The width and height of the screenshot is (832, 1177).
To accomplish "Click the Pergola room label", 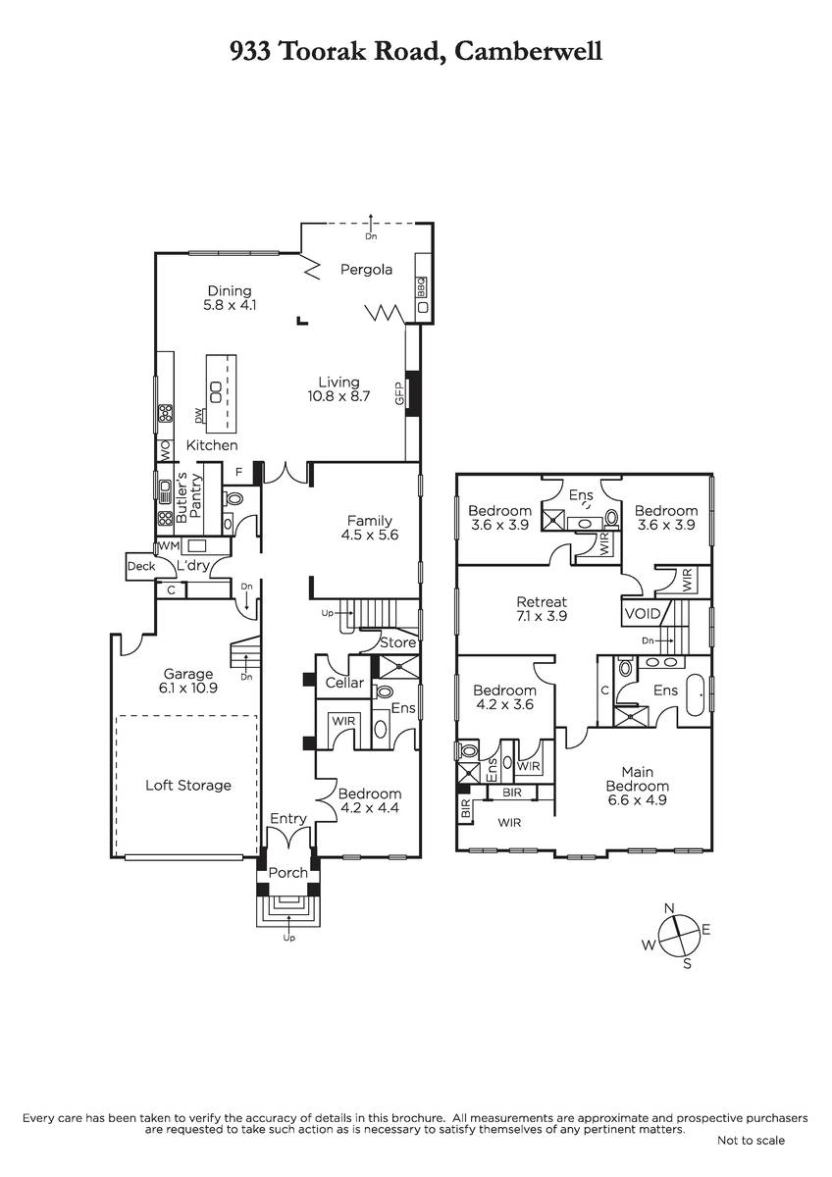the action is pos(366,270).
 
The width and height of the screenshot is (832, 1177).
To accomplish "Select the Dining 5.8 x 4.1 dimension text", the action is pos(230,305).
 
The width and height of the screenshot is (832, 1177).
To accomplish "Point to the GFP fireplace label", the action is pos(400,393).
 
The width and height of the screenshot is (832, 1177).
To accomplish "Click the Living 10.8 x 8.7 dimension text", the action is pos(339,396).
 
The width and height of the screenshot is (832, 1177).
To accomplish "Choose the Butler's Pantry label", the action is pos(188,497).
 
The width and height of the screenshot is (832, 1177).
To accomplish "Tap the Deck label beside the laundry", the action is pos(141,567).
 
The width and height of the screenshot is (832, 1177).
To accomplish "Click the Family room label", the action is pos(370,521).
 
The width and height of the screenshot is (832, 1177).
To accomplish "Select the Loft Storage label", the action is pos(188,786).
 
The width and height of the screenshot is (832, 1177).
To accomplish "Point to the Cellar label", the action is pos(344,683).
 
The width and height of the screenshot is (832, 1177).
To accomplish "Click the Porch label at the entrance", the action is pos(288,873).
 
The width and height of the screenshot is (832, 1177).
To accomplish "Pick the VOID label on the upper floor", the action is pos(643,614).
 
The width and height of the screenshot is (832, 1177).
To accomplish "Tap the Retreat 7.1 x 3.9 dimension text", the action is pos(542,616).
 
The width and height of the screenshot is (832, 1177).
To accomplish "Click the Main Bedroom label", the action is pos(638,779).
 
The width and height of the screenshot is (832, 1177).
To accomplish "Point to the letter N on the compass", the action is pos(669,908).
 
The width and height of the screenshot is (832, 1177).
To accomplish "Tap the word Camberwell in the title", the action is pos(528,52).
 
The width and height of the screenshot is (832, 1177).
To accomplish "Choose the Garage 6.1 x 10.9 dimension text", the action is pos(188,689).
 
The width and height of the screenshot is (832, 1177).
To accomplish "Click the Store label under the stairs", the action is pos(398,642).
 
